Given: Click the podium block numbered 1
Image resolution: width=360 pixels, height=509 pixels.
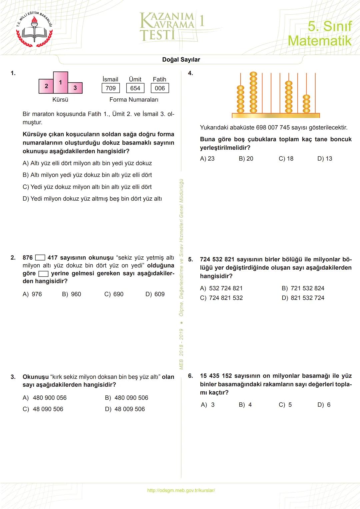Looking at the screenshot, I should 60,82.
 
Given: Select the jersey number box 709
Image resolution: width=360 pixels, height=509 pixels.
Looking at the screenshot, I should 111,88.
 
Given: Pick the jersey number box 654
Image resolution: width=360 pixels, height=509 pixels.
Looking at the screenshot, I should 135,88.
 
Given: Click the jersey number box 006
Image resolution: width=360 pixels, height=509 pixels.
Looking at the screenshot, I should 160,88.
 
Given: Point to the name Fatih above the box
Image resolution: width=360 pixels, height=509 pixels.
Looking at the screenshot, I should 159,79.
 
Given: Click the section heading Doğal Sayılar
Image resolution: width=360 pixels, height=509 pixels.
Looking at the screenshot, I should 181,60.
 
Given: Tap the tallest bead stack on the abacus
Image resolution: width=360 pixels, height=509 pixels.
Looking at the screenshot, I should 253,93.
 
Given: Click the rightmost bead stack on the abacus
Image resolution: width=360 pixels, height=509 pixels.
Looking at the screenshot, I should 306,104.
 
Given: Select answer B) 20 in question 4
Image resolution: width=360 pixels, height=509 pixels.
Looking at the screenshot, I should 246,159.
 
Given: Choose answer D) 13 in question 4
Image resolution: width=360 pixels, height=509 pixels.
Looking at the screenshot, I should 325,159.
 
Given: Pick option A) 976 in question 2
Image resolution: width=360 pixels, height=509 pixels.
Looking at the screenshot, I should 32,294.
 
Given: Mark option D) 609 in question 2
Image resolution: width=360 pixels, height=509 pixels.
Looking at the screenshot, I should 155,294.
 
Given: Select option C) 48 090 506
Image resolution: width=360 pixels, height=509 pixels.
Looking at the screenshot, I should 43,409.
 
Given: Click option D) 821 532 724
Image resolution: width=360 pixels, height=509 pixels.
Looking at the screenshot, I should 303,298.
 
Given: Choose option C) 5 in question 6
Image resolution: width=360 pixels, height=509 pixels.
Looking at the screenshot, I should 285,405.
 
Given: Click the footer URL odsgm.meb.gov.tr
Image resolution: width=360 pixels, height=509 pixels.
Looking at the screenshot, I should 181,490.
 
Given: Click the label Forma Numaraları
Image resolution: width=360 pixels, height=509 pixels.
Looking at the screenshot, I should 134,100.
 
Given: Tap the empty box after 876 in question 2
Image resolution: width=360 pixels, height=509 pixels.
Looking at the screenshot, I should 40,258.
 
